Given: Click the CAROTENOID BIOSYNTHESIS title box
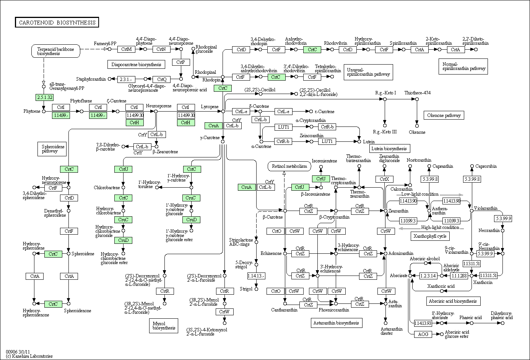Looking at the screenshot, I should click(57, 23).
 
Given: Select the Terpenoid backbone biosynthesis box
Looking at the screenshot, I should click(56, 51).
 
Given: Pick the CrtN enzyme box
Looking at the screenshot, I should click(161, 49).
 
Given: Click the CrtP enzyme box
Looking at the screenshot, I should click(181, 62).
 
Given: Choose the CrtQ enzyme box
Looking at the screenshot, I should click(162, 79).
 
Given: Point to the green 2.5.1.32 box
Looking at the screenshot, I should click(45, 97).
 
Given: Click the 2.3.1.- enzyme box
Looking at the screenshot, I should click(125, 79).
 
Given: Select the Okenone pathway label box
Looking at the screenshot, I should click(444, 115).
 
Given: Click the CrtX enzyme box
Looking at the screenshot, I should click(384, 179).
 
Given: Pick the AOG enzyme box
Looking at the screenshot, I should click(423, 334).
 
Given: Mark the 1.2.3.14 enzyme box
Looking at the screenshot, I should click(428, 276).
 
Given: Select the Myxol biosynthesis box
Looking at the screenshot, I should click(164, 325).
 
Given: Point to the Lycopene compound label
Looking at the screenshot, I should click(210, 107).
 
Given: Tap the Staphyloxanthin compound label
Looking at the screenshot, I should click(91, 79).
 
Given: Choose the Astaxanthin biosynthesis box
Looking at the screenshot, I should click(336, 323).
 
